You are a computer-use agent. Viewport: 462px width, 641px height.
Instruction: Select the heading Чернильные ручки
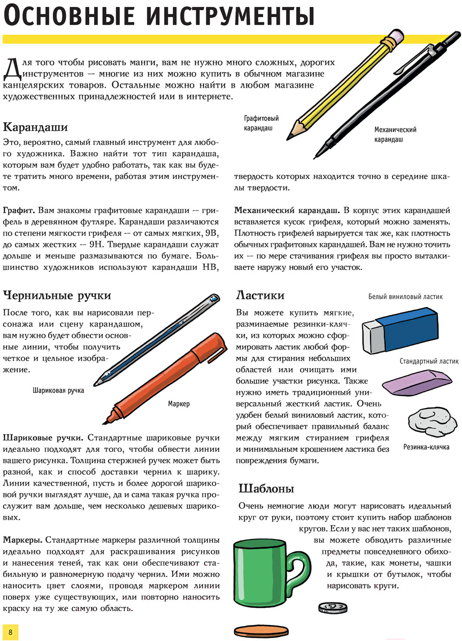(x=57, y=295)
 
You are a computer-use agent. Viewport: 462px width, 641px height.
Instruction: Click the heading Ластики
(x=260, y=295)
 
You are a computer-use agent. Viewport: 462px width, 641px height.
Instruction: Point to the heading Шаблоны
(x=266, y=488)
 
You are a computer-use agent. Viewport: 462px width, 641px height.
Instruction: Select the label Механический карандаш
(x=395, y=135)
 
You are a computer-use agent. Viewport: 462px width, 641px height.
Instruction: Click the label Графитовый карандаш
(x=261, y=123)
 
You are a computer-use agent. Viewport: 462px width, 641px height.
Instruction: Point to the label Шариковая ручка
(x=58, y=390)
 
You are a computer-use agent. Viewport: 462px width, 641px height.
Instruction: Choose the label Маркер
(x=179, y=404)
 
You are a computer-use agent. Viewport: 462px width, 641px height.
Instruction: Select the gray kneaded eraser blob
(x=429, y=421)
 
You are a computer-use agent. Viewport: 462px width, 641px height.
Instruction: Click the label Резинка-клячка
(x=426, y=447)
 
